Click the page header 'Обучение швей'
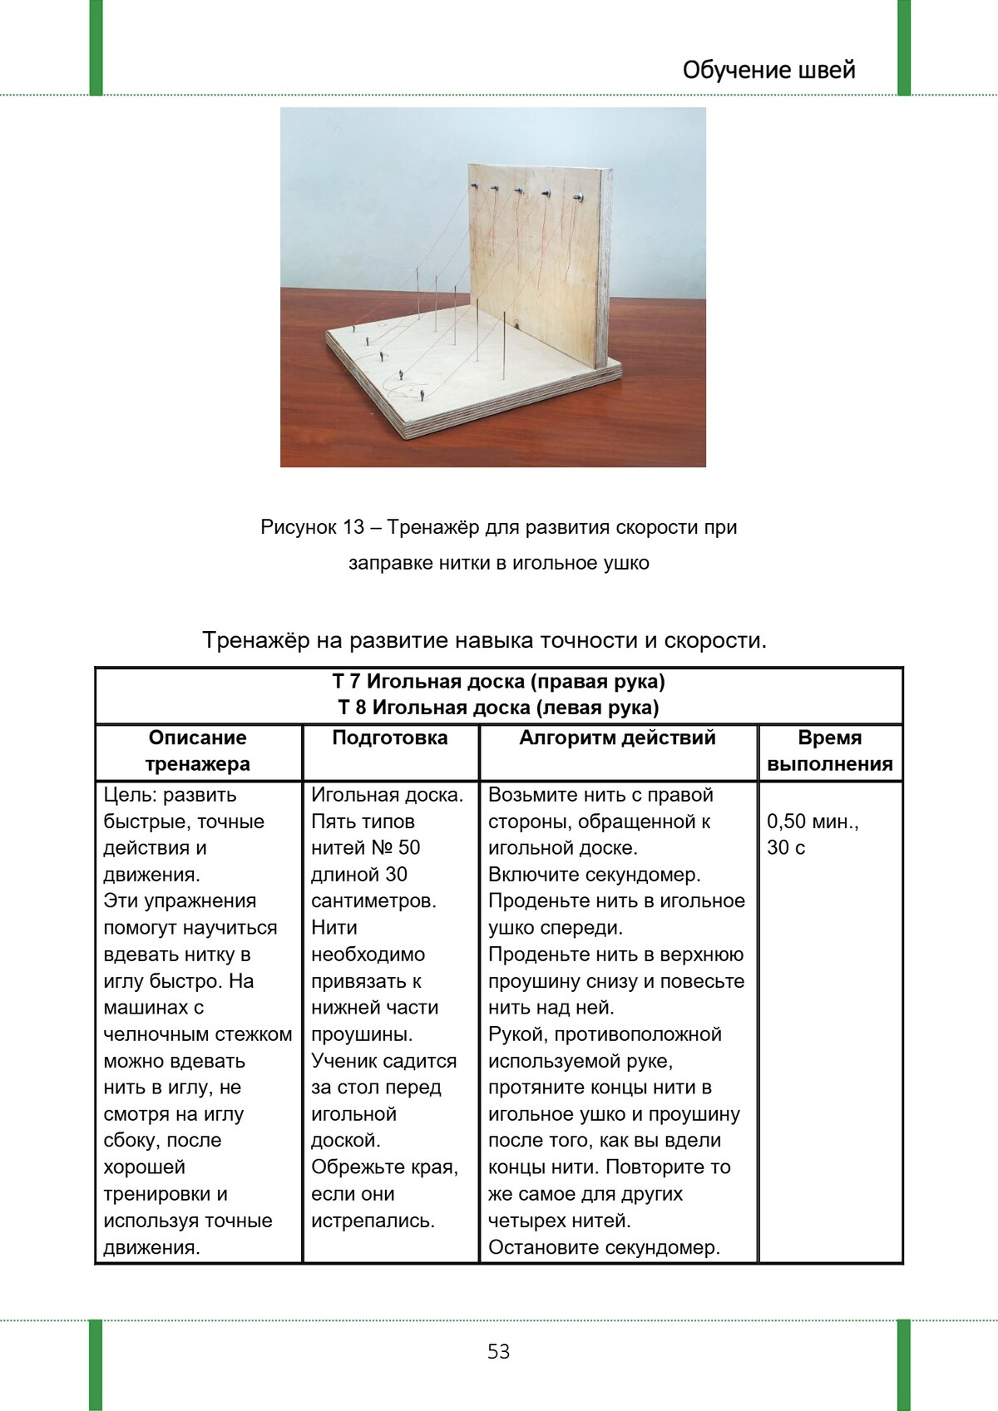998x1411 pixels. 768,70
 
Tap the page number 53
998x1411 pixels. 498,1351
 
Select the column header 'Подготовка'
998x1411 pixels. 389,738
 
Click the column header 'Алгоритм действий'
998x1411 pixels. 617,738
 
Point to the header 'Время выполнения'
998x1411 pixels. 829,750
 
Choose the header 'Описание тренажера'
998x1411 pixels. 198,750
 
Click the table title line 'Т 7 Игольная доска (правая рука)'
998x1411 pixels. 498,682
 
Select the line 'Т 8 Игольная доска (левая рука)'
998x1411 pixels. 498,708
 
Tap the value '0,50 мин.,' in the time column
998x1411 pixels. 813,821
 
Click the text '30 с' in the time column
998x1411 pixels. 786,848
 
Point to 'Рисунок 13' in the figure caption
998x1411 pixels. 312,527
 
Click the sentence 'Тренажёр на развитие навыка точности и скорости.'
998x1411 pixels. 484,640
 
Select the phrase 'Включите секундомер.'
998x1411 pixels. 594,875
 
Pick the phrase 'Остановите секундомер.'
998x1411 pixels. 604,1247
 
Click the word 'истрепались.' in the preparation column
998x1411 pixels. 373,1221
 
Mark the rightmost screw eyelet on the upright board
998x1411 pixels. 578,198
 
